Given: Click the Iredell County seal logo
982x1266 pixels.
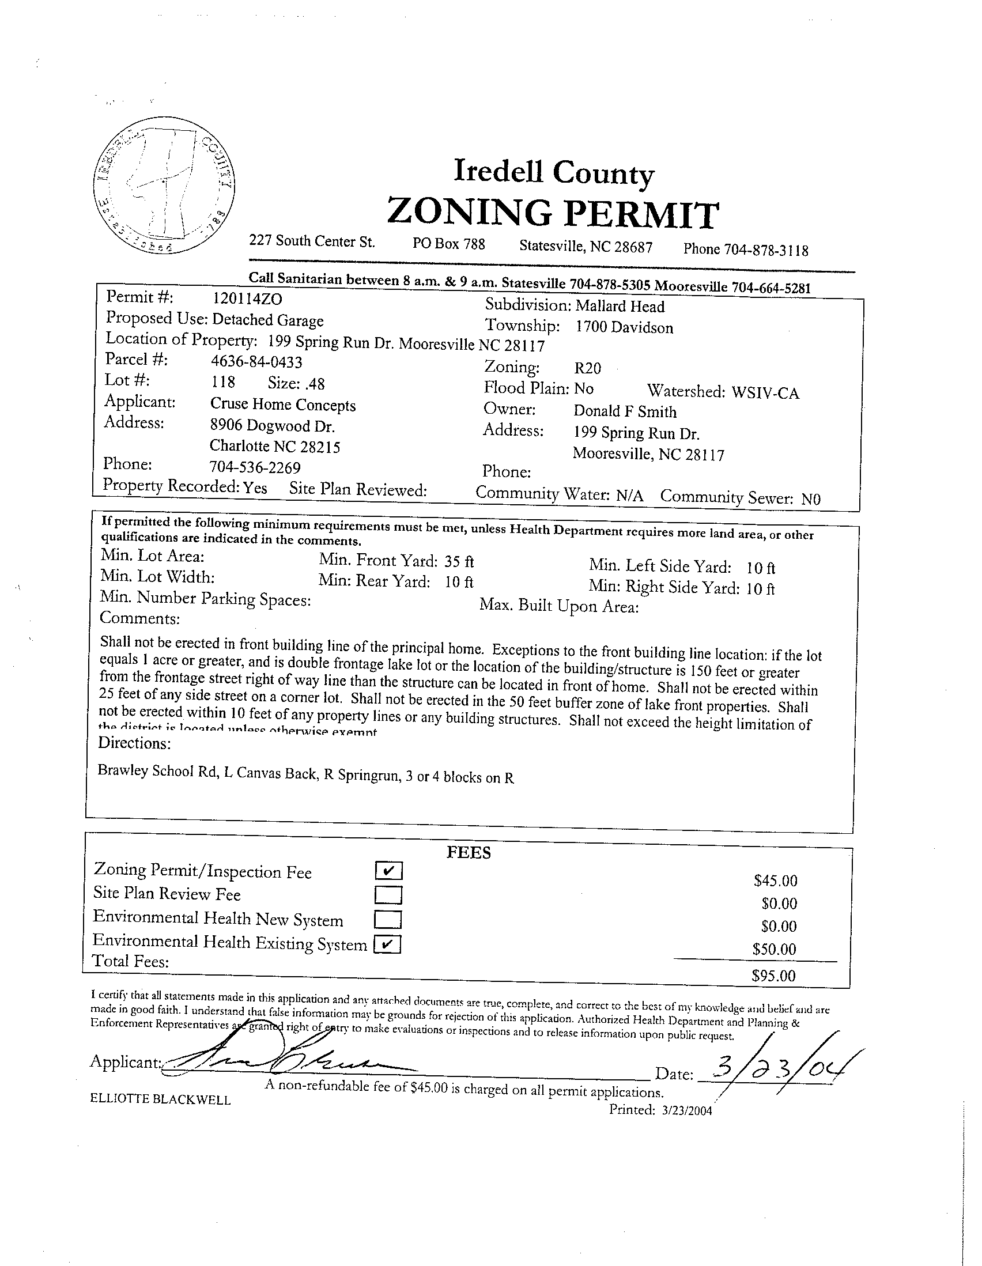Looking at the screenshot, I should pyautogui.click(x=164, y=185).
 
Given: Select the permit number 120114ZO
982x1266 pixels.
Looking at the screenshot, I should pyautogui.click(x=248, y=298).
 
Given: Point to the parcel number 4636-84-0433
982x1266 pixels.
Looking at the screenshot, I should pyautogui.click(x=256, y=362).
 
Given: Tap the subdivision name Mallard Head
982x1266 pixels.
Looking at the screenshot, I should pyautogui.click(x=620, y=307).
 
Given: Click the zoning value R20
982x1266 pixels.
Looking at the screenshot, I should pyautogui.click(x=587, y=368).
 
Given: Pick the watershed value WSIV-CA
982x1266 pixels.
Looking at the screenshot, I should pyautogui.click(x=765, y=394).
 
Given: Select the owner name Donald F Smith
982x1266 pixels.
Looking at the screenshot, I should pyautogui.click(x=625, y=411).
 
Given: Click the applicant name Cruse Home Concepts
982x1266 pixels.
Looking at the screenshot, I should pyautogui.click(x=283, y=405).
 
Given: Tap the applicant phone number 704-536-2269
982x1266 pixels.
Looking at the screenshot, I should pyautogui.click(x=255, y=467).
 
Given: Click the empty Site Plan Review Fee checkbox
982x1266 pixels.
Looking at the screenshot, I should pyautogui.click(x=388, y=895).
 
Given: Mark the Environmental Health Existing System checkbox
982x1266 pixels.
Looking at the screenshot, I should pyautogui.click(x=387, y=945).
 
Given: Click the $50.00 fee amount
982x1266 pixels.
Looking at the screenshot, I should pyautogui.click(x=774, y=949).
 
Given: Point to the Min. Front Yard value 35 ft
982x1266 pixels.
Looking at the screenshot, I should pyautogui.click(x=459, y=561).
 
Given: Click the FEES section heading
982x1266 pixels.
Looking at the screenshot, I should pyautogui.click(x=469, y=852).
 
